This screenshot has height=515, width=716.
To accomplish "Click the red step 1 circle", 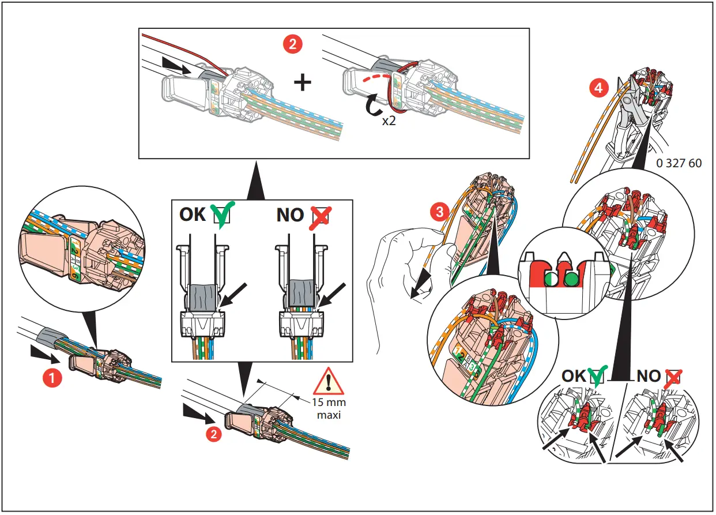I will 52,378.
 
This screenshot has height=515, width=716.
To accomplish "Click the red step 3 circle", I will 439,212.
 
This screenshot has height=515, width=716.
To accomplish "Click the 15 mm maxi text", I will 329,408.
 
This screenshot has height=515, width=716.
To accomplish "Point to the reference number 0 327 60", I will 679,163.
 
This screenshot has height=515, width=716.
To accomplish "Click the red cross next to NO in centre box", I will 320,215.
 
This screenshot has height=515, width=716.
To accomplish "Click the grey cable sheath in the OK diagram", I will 203,298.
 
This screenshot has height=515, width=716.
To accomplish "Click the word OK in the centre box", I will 193,215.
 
